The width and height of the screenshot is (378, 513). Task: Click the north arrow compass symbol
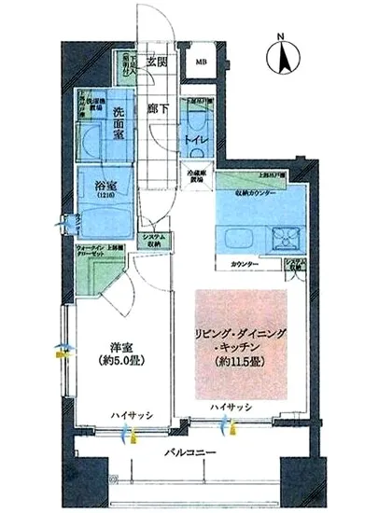282,55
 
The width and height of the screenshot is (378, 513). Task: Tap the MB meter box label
202,62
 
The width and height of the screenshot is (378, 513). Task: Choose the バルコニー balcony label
191,454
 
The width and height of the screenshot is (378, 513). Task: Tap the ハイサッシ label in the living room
227,408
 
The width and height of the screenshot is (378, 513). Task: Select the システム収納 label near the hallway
155,241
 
